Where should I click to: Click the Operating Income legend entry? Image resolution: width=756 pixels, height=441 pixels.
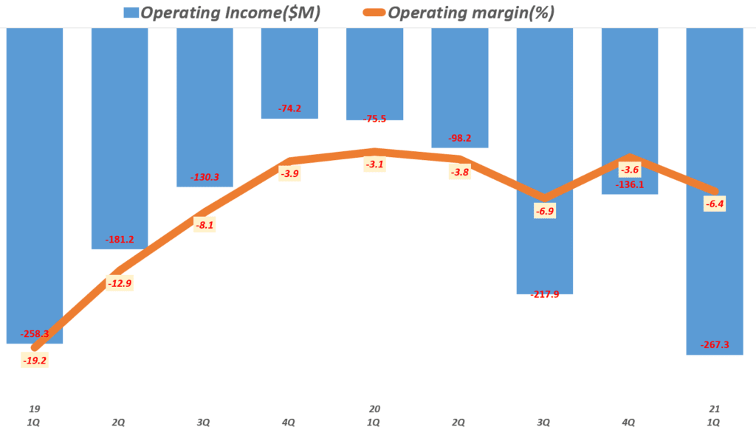pyautogui.click(x=221, y=13)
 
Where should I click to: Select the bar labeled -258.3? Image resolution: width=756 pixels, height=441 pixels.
pyautogui.click(x=35, y=184)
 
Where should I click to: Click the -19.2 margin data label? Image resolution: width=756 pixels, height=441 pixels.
pyautogui.click(x=34, y=361)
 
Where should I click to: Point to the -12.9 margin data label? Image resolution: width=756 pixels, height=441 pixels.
pyautogui.click(x=120, y=283)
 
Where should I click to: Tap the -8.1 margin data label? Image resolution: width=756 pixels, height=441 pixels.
pyautogui.click(x=205, y=225)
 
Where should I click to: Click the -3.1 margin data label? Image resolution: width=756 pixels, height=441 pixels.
pyautogui.click(x=374, y=164)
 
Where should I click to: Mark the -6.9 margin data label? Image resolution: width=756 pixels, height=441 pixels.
pyautogui.click(x=544, y=211)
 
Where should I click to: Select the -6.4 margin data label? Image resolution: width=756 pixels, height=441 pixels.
pyautogui.click(x=713, y=204)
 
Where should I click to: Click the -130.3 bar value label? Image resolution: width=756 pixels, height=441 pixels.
pyautogui.click(x=205, y=177)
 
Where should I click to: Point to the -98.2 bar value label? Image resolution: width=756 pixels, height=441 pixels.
pyautogui.click(x=459, y=138)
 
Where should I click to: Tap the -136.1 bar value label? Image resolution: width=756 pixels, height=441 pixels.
pyautogui.click(x=629, y=184)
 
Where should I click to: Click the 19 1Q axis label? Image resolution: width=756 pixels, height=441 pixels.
pyautogui.click(x=35, y=415)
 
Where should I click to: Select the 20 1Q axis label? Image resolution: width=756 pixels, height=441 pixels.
pyautogui.click(x=374, y=415)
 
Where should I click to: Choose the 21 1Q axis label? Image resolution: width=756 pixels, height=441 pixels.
pyautogui.click(x=714, y=415)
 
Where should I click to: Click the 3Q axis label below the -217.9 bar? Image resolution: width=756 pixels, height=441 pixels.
pyautogui.click(x=544, y=423)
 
